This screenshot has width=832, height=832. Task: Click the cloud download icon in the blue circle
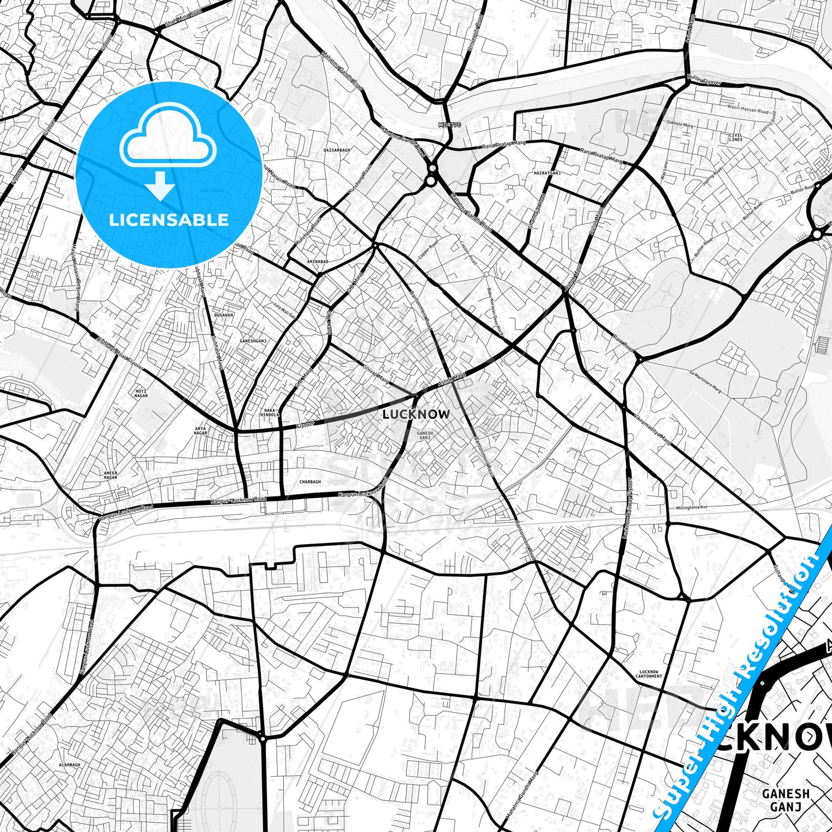[168, 151]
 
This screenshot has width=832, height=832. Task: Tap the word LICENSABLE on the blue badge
[169, 219]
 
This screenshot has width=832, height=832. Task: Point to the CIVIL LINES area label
[735, 137]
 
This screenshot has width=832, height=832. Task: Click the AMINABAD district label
[317, 261]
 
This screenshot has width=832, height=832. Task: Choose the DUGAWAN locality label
[223, 315]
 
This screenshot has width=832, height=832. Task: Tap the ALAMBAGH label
[69, 764]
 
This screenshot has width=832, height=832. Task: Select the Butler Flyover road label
[704, 81]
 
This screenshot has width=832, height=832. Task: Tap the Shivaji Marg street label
[375, 373]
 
